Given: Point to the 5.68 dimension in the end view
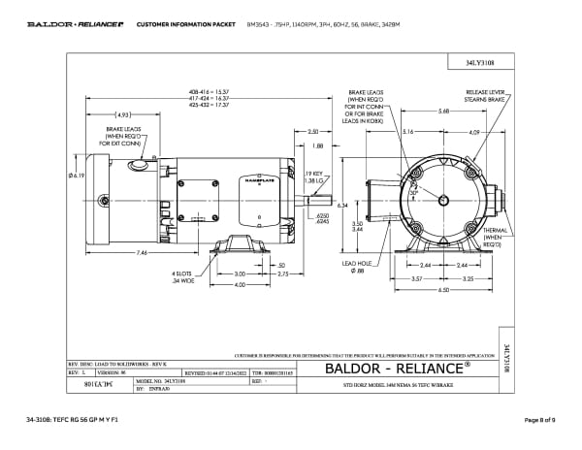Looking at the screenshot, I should coord(442,112).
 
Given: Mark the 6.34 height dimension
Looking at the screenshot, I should coord(342,207).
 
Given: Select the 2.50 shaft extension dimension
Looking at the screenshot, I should coord(312,131).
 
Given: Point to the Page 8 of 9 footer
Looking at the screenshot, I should coord(537,419).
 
